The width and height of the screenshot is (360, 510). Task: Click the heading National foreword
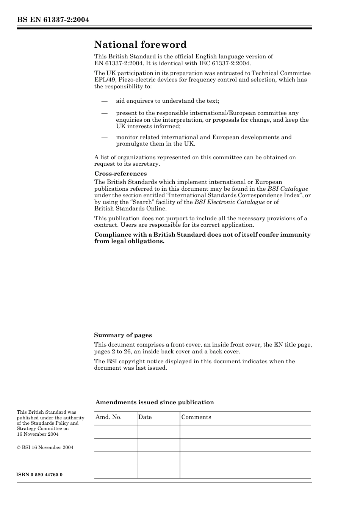click(x=140, y=45)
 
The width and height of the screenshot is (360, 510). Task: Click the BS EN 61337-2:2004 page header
click(x=53, y=20)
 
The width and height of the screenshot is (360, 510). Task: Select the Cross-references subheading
click(x=120, y=174)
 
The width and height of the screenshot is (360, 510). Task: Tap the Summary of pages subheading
click(x=123, y=335)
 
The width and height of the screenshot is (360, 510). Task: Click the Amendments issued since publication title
click(x=154, y=402)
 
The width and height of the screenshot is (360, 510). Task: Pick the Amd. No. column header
click(x=108, y=417)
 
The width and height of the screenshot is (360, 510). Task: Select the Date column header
click(x=145, y=417)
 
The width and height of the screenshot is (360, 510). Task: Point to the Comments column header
click(x=196, y=417)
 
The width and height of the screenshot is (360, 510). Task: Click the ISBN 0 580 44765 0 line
click(x=39, y=475)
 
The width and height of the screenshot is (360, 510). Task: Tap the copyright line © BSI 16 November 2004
click(x=45, y=447)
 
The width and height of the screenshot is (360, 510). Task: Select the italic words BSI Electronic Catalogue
click(x=229, y=202)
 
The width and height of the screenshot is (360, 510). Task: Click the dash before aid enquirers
click(x=104, y=101)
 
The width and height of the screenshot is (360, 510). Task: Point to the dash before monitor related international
click(x=104, y=137)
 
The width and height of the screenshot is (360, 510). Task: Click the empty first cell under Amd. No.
click(x=115, y=432)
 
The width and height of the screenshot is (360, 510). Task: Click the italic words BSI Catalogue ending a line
click(x=288, y=189)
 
